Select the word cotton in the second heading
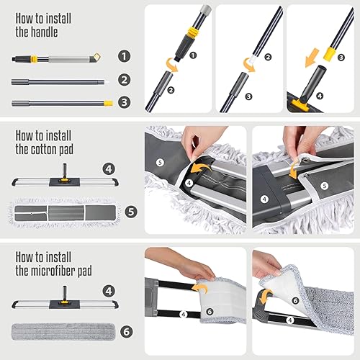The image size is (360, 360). (45, 149)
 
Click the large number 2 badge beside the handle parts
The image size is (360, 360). (124, 80)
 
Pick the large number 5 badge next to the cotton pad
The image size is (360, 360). (131, 212)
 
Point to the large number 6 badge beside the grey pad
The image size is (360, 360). (127, 332)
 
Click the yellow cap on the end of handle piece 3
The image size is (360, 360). (109, 103)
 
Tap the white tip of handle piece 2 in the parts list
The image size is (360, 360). (107, 82)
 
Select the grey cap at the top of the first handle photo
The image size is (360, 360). (206, 9)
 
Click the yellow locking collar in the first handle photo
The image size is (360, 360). (193, 32)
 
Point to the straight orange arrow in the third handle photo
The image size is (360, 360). (312, 58)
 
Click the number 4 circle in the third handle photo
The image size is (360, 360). (320, 96)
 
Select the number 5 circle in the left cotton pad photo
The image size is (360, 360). (160, 163)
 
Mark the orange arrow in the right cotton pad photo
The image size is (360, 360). (294, 171)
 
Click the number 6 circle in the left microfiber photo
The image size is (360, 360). (210, 312)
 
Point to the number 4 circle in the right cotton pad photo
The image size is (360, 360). (264, 199)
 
